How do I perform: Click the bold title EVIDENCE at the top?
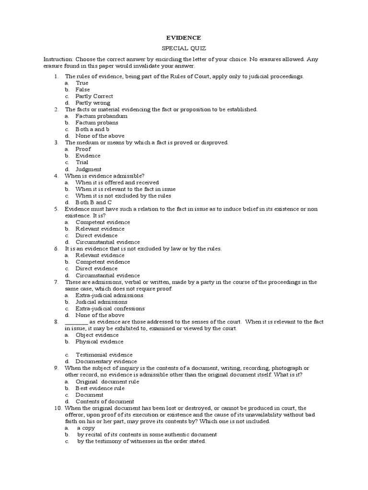[x=184, y=37]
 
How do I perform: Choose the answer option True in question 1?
[x=82, y=83]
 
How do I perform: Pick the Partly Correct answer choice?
[x=94, y=96]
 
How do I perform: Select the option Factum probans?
[x=97, y=122]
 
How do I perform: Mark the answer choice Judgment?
[x=88, y=169]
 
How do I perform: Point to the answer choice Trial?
[x=82, y=162]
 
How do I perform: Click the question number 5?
[x=56, y=209]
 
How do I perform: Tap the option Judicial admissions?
[x=101, y=302]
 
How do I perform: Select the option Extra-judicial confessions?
[x=110, y=309]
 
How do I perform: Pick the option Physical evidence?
[x=99, y=342]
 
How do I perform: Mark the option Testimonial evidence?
[x=103, y=355]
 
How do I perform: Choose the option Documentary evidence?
[x=106, y=361]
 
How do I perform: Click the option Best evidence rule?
[x=100, y=388]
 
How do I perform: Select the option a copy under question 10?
[x=86, y=428]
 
